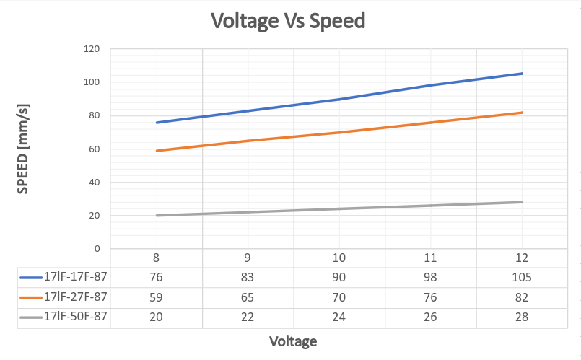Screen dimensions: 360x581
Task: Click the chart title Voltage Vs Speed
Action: coord(287,21)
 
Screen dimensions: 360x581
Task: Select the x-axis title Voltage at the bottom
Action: coord(293,341)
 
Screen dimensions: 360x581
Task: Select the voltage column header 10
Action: coord(339,258)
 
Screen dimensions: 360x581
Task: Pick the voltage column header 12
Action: coord(522,258)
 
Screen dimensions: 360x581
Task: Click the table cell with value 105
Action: coord(522,278)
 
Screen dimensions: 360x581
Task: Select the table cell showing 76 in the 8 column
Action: coord(157,278)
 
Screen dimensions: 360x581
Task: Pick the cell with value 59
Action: coord(157,297)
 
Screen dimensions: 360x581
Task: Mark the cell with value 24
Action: coord(339,317)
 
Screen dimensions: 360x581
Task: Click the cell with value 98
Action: coord(431,278)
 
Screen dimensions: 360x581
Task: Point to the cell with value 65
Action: coord(248,297)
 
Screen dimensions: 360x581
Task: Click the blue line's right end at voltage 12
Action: coord(522,74)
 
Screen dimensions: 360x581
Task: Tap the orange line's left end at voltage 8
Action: coord(157,151)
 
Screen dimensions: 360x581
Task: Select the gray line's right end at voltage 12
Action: coord(522,202)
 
